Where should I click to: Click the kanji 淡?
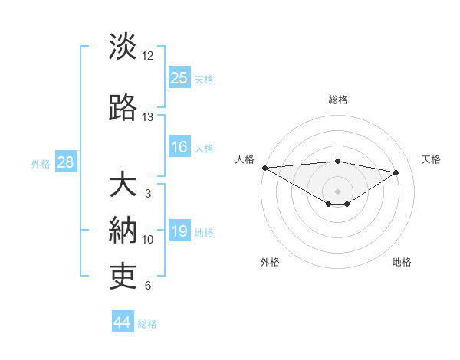(123, 47)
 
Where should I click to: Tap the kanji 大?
(123, 185)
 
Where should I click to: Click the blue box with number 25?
(179, 77)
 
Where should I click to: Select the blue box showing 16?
(179, 147)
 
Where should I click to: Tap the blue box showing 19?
(179, 231)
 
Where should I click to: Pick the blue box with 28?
(65, 162)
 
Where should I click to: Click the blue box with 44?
(123, 322)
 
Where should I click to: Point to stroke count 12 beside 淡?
(148, 56)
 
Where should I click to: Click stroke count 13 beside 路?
(148, 117)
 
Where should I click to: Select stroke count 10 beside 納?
(148, 240)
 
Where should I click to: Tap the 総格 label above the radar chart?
(337, 100)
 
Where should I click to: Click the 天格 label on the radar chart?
(431, 159)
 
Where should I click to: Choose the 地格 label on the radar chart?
(402, 262)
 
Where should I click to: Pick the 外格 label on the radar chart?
(270, 262)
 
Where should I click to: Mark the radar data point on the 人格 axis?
(264, 168)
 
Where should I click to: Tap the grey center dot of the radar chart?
(337, 191)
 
